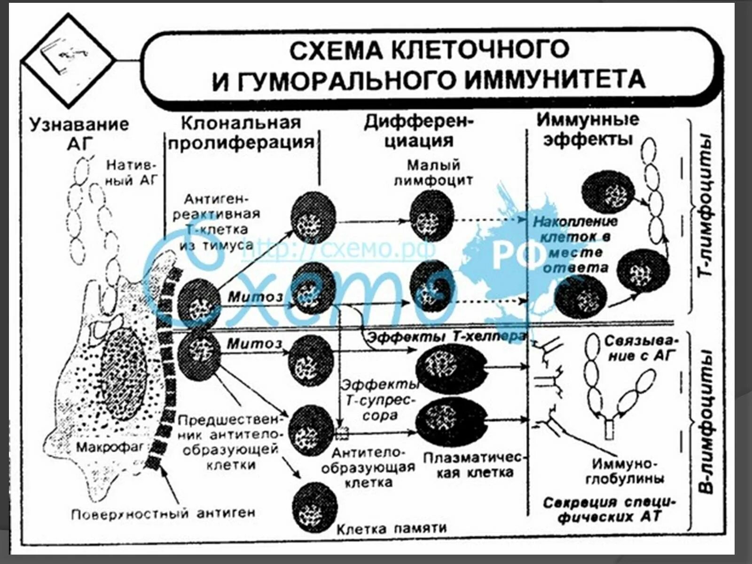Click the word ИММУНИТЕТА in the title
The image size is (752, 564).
[555, 79]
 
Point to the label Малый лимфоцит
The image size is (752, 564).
[432, 172]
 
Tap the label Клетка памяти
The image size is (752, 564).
[391, 528]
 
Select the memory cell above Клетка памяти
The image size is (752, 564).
[314, 507]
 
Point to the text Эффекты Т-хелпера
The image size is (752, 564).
[446, 337]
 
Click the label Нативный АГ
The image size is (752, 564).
[132, 172]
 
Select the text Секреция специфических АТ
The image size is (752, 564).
[609, 509]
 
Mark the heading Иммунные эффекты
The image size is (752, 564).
[587, 129]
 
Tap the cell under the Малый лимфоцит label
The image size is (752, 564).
[431, 216]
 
